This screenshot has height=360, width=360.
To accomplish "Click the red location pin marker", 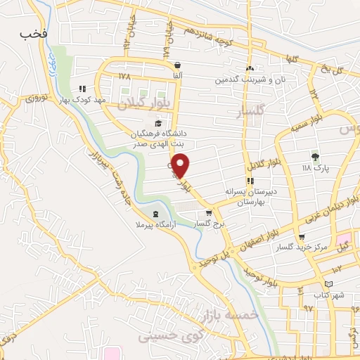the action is pos(181,165).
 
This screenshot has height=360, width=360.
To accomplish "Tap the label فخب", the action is pos(33,32).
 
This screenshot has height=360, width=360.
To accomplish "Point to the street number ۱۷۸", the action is pos(125,75).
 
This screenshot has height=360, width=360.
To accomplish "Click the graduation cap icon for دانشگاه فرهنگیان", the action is pos(157,124).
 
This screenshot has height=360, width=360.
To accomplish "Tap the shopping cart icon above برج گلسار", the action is pos(208,213).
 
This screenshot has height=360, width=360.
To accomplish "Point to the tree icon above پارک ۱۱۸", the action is pos(314,157).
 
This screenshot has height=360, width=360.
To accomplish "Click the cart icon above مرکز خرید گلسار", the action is pos(302,236).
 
